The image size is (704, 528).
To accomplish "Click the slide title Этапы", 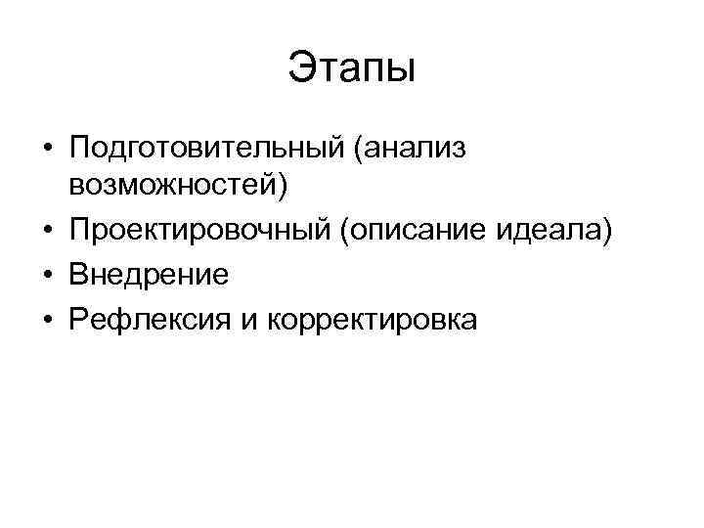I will pyautogui.click(x=352, y=69).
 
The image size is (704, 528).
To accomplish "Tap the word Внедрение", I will pyautogui.click(x=149, y=276).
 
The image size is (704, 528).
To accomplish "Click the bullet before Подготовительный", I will pyautogui.click(x=47, y=150).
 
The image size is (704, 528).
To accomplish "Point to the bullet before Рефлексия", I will pyautogui.click(x=47, y=320).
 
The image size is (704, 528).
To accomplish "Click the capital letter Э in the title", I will pyautogui.click(x=300, y=69).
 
